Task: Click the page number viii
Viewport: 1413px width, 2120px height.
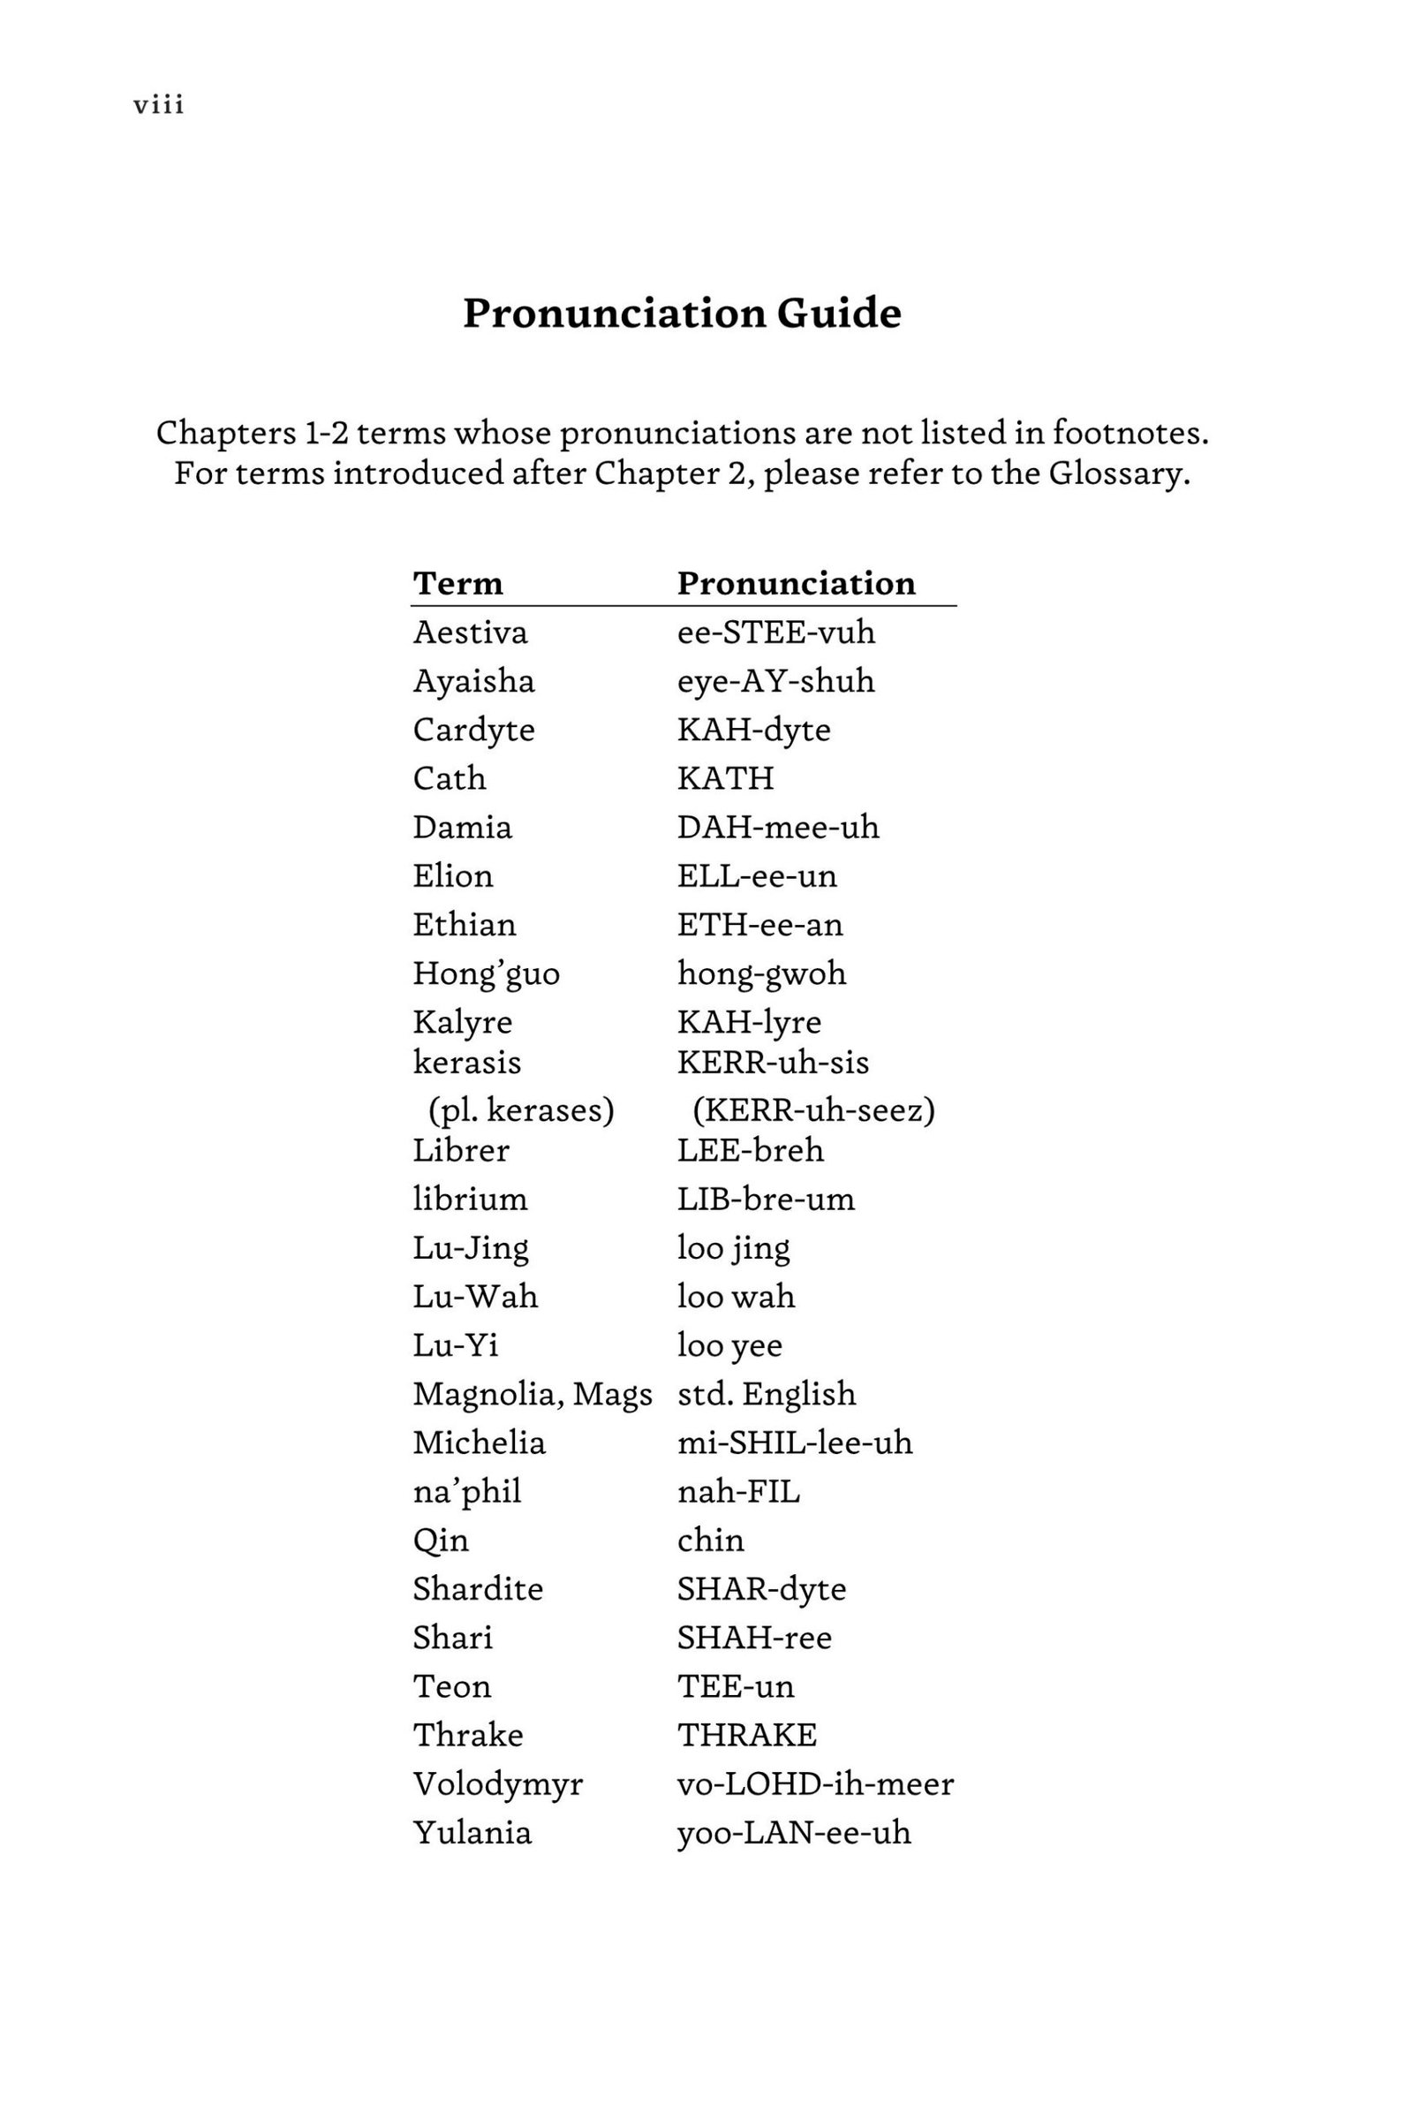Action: click(x=159, y=105)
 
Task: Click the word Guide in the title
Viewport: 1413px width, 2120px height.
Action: click(x=838, y=313)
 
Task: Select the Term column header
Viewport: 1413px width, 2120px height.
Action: click(x=457, y=583)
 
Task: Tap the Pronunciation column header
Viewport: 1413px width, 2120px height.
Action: click(x=796, y=583)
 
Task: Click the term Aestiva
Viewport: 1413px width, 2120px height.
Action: click(x=470, y=632)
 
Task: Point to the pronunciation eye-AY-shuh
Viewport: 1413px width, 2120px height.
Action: click(x=775, y=680)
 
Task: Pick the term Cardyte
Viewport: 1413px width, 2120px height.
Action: click(x=473, y=730)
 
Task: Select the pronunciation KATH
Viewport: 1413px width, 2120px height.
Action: click(x=724, y=778)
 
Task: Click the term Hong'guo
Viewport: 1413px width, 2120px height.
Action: click(x=486, y=973)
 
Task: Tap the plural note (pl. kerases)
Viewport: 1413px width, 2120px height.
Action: click(x=521, y=1109)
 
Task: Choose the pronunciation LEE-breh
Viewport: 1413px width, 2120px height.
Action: click(x=750, y=1150)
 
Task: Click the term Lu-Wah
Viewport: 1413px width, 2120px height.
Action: click(x=475, y=1296)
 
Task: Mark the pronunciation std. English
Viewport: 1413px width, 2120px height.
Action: click(x=766, y=1394)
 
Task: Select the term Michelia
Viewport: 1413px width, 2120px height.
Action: click(x=479, y=1442)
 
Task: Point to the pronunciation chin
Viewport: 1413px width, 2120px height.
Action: click(x=710, y=1540)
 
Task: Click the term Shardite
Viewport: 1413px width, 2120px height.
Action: click(x=478, y=1588)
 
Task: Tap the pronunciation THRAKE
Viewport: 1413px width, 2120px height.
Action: click(x=746, y=1734)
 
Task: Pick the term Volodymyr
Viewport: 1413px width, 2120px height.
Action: click(x=497, y=1783)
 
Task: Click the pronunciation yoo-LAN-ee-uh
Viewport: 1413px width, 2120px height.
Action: click(x=793, y=1832)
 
